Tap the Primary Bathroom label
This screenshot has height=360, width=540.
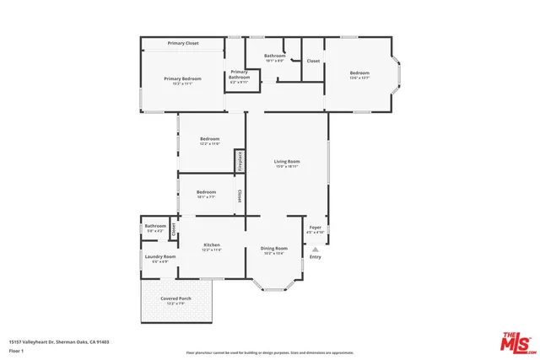coord(239,74)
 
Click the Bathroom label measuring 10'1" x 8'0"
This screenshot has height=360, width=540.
coord(275,56)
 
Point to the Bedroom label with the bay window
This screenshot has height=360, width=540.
coord(360,73)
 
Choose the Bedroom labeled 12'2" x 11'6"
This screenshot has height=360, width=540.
coord(209,138)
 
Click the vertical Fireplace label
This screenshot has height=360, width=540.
coord(240,160)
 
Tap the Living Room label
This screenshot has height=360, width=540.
coord(287,161)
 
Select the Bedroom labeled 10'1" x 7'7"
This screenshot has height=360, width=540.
coord(206,192)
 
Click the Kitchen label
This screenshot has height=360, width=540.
coord(211,244)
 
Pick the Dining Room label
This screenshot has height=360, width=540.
coord(274,248)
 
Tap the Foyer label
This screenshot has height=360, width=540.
coord(315,227)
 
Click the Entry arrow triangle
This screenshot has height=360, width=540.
coord(315,250)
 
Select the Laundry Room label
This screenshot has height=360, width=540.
coord(159,256)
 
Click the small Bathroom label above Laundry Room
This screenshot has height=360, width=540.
coord(155,226)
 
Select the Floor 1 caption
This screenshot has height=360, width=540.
coord(17,350)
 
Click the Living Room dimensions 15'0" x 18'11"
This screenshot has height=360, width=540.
coord(287,167)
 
